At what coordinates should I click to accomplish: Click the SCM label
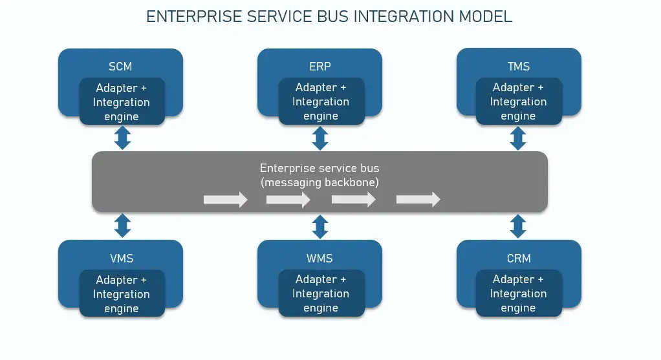coord(121,66)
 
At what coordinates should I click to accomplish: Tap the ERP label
coord(320,66)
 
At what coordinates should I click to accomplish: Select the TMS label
coord(519,66)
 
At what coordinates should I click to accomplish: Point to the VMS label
coord(121,258)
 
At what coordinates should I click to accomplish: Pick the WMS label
coord(320,258)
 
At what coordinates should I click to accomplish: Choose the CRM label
coord(519,258)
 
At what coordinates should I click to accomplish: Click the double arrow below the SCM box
coord(122,138)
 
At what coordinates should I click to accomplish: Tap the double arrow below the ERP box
coord(320,138)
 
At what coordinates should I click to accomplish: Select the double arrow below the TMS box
coord(517,138)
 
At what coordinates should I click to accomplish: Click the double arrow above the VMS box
coord(122,226)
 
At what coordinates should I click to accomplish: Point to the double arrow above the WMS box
coord(320,226)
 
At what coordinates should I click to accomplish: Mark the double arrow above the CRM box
coord(517,226)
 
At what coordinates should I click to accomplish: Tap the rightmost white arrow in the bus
coord(418,200)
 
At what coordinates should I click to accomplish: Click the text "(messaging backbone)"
coord(320,182)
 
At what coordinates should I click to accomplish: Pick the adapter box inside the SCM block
coord(122,102)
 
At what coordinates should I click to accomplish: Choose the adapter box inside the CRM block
coord(518,294)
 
